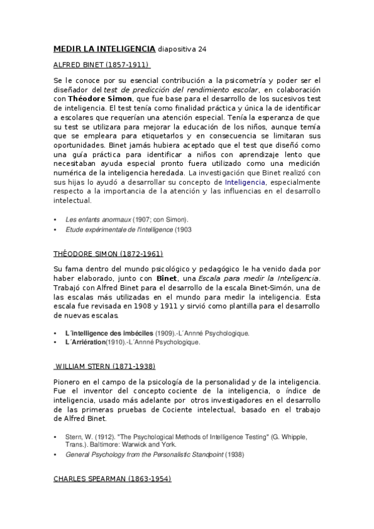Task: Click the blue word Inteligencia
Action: click(x=245, y=182)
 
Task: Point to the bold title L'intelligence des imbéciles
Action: click(x=109, y=333)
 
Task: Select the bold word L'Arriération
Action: click(x=85, y=342)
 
